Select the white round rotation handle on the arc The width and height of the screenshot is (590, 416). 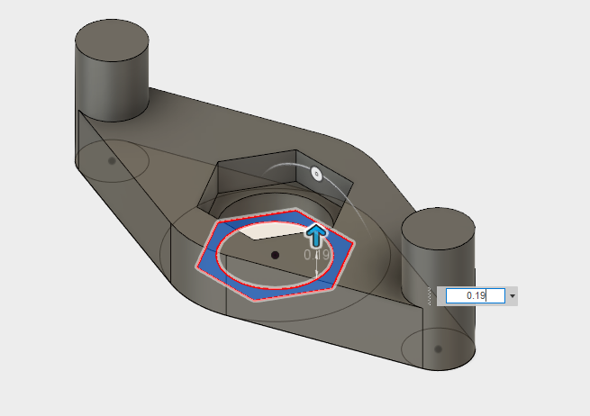(316, 174)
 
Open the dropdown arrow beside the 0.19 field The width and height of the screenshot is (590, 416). (513, 295)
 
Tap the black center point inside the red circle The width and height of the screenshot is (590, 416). (276, 256)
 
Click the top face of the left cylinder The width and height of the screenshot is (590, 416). (111, 40)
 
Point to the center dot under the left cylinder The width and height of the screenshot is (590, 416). (112, 161)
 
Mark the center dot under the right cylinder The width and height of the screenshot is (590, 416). (438, 348)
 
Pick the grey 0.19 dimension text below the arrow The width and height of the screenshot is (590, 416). (317, 255)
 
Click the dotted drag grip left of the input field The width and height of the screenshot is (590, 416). (431, 295)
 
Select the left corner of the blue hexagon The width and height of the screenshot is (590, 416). (199, 267)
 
